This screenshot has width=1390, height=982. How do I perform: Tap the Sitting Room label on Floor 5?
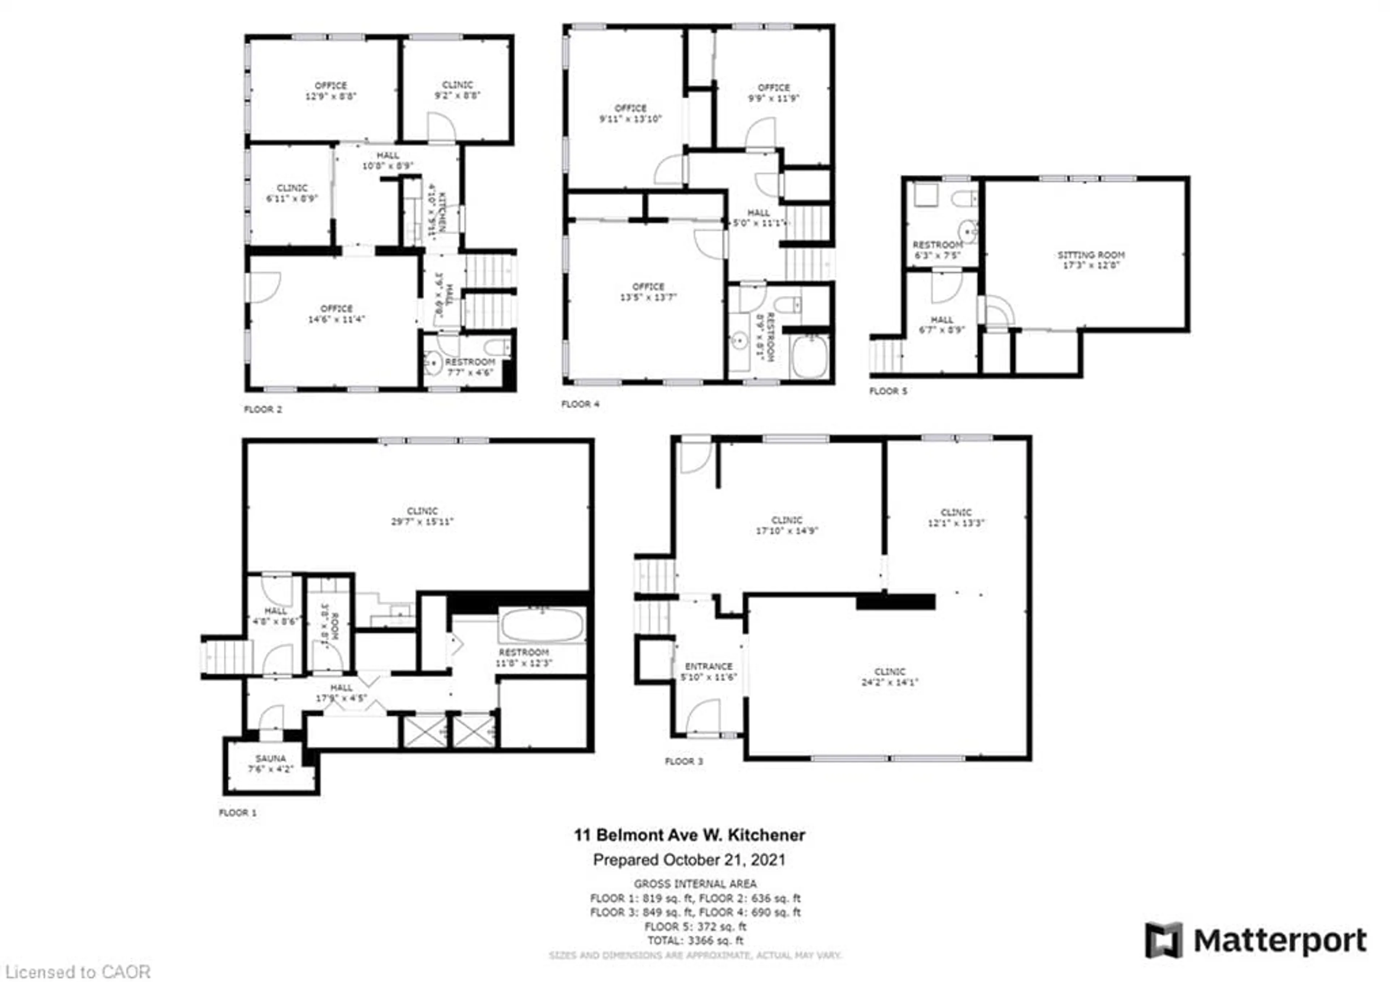pyautogui.click(x=1091, y=255)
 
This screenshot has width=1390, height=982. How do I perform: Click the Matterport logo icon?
pyautogui.click(x=1163, y=940)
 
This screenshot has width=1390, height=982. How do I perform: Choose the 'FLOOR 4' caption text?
pyautogui.click(x=580, y=404)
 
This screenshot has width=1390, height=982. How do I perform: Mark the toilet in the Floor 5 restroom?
pyautogui.click(x=964, y=198)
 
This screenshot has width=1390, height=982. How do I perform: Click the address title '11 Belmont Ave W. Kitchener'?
pyautogui.click(x=689, y=835)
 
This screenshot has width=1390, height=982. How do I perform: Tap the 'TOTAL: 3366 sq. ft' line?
pyautogui.click(x=695, y=941)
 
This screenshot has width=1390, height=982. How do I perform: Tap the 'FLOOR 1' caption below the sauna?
pyautogui.click(x=237, y=813)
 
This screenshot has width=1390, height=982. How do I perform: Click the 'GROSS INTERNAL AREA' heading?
pyautogui.click(x=695, y=884)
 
